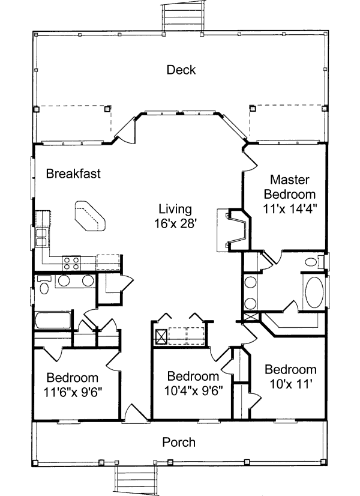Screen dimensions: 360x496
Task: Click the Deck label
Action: click(x=181, y=70)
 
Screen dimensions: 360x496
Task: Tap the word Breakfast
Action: click(x=73, y=174)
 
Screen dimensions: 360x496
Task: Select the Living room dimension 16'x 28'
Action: click(x=175, y=223)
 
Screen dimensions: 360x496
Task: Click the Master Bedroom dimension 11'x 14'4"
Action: click(x=290, y=208)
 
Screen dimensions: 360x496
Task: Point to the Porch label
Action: click(x=179, y=442)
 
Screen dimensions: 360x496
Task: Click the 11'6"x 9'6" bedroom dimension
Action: click(x=73, y=392)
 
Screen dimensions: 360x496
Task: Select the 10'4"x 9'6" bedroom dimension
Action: click(x=193, y=390)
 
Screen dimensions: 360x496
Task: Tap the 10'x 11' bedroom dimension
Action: click(x=290, y=384)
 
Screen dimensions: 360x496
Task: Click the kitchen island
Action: click(x=90, y=216)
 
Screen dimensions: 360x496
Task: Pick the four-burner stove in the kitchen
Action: click(x=71, y=263)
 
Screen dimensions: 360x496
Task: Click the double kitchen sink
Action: click(x=42, y=237)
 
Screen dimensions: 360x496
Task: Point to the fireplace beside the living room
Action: click(x=234, y=229)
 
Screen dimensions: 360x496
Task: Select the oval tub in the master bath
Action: click(x=314, y=292)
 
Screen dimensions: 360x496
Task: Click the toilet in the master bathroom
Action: click(x=314, y=262)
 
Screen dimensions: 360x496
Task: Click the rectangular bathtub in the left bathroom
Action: click(x=53, y=320)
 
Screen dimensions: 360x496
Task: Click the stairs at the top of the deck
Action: click(x=182, y=15)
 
